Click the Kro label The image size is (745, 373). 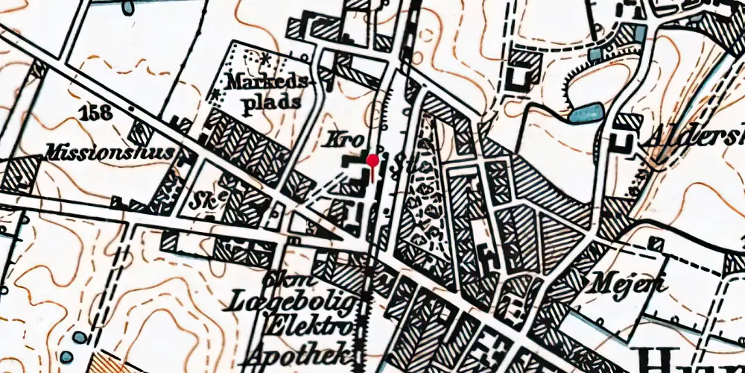pos(340,140)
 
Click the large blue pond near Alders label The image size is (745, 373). pos(586,113)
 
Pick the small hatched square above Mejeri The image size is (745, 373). pos(656,243)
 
